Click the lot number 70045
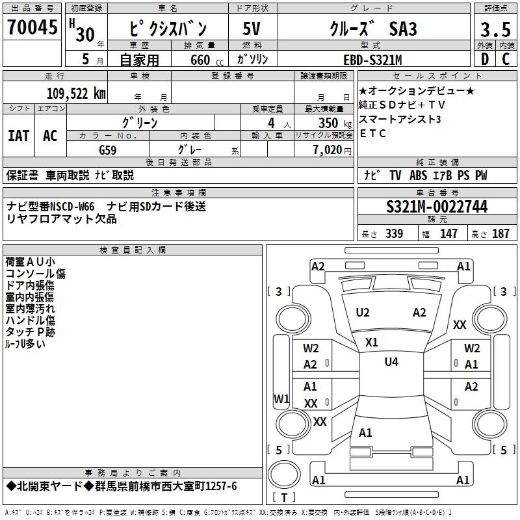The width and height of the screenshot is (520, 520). [32, 27]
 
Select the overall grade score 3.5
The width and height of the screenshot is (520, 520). [495, 30]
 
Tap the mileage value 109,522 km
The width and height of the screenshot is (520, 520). [76, 94]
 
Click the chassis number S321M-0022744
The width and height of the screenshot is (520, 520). [437, 207]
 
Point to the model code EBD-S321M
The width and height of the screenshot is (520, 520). [372, 60]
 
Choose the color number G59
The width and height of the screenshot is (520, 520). [107, 150]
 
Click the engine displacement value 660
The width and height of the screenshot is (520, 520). [200, 60]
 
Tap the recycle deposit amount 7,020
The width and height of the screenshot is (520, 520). [328, 149]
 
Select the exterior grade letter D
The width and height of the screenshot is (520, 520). [485, 59]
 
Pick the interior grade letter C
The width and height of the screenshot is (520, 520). [506, 59]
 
